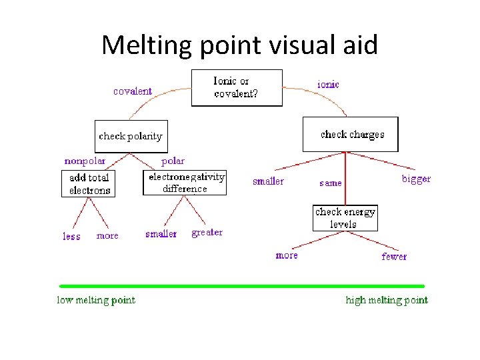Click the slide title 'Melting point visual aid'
[239, 45]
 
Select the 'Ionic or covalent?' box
[237, 87]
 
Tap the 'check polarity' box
[131, 136]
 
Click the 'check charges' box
[351, 134]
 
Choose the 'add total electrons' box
[89, 183]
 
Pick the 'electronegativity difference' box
[185, 183]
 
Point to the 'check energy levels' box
[345, 218]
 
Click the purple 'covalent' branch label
[133, 91]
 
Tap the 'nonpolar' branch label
[85, 161]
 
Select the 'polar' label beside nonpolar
[173, 161]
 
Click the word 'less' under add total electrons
[72, 237]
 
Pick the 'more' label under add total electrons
[107, 236]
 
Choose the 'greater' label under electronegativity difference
[207, 233]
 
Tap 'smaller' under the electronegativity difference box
[161, 234]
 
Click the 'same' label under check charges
[331, 183]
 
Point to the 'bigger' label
[416, 179]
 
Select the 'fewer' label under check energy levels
[394, 257]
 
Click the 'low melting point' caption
[96, 300]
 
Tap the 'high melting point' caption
[387, 300]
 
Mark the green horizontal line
[241, 285]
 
